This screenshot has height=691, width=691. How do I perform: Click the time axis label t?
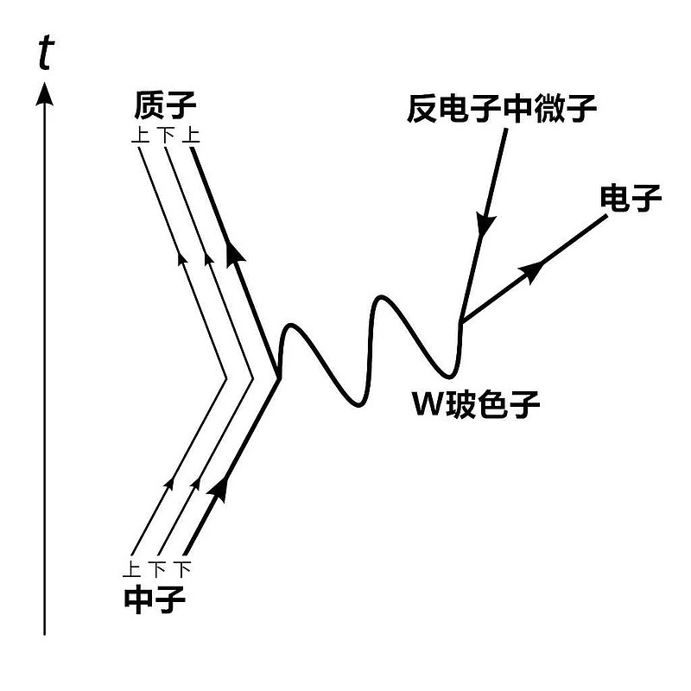point(46,54)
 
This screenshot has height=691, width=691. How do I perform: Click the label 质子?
point(165,105)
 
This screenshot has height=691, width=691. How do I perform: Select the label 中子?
point(155,599)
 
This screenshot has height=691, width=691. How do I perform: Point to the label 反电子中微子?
point(502,109)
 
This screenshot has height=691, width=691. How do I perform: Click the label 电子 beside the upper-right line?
point(631,198)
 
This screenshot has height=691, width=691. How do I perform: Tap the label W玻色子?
point(476,403)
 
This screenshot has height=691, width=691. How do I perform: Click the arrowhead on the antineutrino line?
point(485,225)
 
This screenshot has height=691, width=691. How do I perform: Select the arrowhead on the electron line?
point(532,269)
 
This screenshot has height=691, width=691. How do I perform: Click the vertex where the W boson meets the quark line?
point(277,377)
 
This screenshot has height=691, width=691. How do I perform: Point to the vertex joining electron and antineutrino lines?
point(461,320)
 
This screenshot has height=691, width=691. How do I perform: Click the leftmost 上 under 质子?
point(140,135)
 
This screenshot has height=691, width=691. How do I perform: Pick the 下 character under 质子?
point(166,135)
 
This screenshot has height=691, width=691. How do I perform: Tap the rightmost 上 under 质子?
point(191,135)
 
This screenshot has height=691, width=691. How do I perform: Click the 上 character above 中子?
point(131,568)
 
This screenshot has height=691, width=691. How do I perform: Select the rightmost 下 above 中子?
point(182,568)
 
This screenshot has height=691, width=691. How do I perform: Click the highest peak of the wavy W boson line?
point(383,296)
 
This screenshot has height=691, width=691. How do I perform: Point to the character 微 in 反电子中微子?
point(550,109)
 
